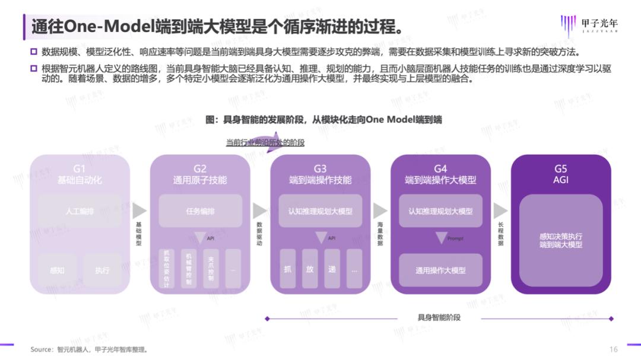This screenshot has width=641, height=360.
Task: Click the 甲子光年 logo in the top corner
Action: [x=588, y=25]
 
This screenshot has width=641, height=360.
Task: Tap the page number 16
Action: [x=614, y=349]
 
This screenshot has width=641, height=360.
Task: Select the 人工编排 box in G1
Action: [x=80, y=211]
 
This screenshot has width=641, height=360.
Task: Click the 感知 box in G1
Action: [x=58, y=270]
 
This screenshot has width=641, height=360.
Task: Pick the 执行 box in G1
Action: [x=102, y=270]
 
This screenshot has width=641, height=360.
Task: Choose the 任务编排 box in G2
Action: [x=200, y=211]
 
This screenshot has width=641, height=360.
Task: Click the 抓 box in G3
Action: [x=288, y=269]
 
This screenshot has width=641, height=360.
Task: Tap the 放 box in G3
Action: [x=310, y=269]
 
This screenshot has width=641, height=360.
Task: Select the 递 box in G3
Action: [x=332, y=269]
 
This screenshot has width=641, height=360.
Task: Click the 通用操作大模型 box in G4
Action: [x=440, y=270]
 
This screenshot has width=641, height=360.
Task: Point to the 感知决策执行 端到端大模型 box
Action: [x=561, y=240]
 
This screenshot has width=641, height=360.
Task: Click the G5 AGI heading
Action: [x=561, y=174]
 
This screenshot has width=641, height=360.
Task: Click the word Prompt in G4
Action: [x=456, y=238]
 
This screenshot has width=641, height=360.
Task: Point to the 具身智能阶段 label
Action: [x=439, y=318]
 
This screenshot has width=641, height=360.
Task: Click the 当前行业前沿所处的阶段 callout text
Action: [x=265, y=142]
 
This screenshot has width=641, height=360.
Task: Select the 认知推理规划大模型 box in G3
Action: [x=320, y=211]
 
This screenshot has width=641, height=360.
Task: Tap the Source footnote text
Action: [x=89, y=349]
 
